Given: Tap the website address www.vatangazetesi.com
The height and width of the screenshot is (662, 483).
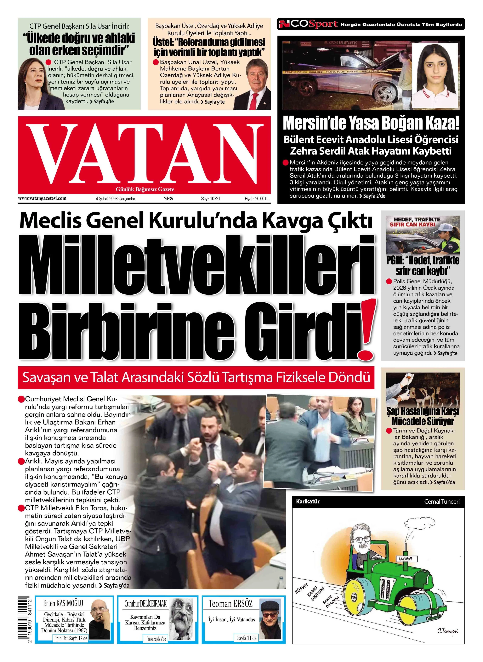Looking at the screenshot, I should (42, 198).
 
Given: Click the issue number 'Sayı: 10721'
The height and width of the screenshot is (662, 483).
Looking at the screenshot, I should (210, 199).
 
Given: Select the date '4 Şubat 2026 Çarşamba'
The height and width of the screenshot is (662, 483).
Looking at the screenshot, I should (115, 199).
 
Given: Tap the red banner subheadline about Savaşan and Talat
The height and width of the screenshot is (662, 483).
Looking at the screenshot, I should (196, 377).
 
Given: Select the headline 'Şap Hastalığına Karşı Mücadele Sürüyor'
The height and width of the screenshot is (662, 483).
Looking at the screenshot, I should (423, 417).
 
